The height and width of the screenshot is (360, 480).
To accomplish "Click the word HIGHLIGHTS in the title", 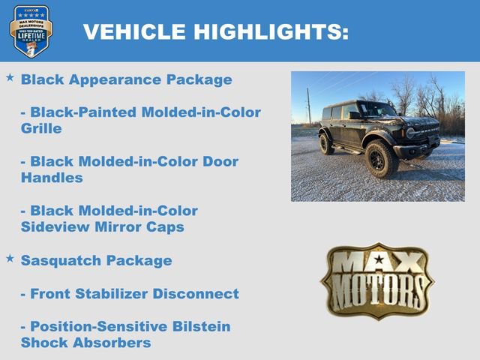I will (271, 31).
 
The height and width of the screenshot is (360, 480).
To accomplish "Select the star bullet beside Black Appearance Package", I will (10, 77).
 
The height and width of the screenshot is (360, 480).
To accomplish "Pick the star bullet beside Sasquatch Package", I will (10, 258).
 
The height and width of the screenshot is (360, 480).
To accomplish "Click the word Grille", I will (41, 128).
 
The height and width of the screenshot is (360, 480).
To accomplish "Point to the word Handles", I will (52, 178).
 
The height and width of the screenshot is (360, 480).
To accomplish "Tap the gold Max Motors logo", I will (377, 280).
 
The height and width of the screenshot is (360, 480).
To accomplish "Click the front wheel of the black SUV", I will (381, 160).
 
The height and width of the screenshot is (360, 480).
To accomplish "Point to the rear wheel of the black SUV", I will (327, 143).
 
